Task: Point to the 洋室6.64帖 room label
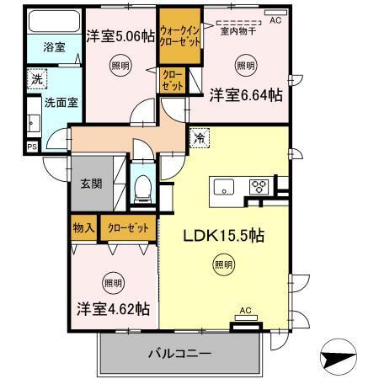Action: pos(246,96)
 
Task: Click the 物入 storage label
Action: pos(83,227)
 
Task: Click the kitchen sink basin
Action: pos(225,186)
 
